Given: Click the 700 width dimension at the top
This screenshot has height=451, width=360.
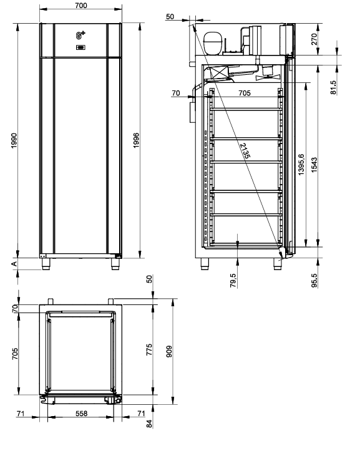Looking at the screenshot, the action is (x=81, y=6).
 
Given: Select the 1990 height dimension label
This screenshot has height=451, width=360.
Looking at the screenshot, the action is (x=14, y=140).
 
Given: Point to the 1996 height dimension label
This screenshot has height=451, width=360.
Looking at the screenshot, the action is (x=136, y=140).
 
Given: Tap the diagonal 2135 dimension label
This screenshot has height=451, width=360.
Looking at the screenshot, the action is (x=245, y=151).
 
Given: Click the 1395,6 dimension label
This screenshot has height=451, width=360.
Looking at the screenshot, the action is (x=301, y=165).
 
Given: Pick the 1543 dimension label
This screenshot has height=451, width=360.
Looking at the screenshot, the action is (x=314, y=165).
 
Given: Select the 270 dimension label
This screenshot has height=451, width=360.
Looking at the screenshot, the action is (x=314, y=39).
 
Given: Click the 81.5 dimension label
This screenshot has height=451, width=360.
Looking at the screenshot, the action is (x=333, y=87).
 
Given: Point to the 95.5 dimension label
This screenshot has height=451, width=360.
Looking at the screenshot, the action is (x=314, y=281).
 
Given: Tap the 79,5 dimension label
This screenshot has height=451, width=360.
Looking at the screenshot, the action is (x=233, y=281).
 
